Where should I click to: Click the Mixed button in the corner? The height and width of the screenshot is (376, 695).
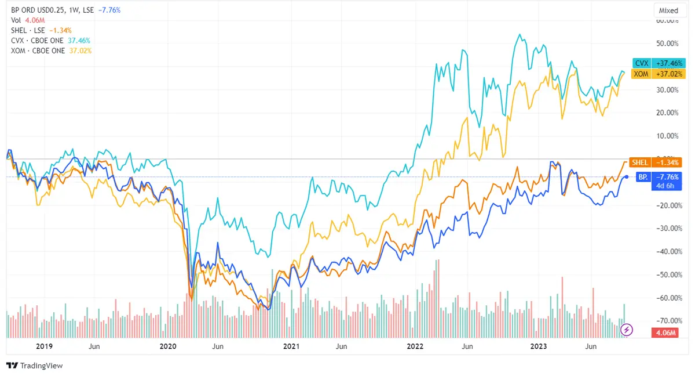pyautogui.click(x=668, y=10)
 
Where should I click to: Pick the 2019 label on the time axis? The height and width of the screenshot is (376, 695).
pyautogui.click(x=44, y=346)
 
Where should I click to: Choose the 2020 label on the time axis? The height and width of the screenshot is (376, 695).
pyautogui.click(x=167, y=346)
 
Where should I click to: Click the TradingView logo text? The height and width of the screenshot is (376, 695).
pyautogui.click(x=35, y=366)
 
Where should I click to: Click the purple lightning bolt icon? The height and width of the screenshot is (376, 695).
pyautogui.click(x=627, y=330)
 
